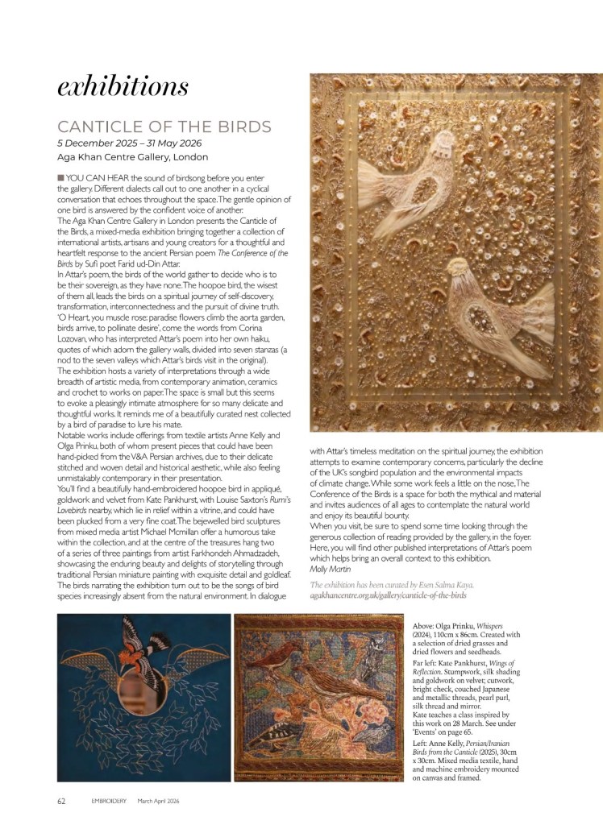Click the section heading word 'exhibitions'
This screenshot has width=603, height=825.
tap(123, 85)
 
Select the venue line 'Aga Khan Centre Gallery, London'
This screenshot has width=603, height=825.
tap(132, 157)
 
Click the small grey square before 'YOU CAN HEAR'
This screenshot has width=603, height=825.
tap(60, 177)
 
